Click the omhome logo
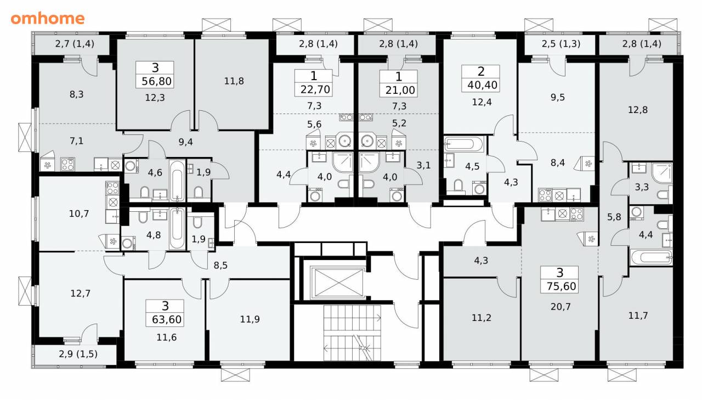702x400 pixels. point(48,19)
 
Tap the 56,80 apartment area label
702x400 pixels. point(156,82)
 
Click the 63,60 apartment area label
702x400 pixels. point(166,319)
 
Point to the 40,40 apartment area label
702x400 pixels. point(482,85)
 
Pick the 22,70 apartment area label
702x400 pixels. point(315,89)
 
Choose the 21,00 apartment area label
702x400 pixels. point(400,90)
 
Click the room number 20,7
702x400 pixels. point(561,307)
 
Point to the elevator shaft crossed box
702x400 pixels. point(338,283)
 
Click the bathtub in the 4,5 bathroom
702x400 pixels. point(465,144)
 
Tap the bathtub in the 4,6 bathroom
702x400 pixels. point(177,181)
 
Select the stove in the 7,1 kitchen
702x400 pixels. point(67,164)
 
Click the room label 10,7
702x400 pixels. point(79,214)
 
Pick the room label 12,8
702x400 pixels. point(638,110)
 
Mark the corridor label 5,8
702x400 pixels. point(614,217)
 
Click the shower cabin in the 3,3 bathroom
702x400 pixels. point(662,173)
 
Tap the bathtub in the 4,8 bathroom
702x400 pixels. point(177,228)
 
